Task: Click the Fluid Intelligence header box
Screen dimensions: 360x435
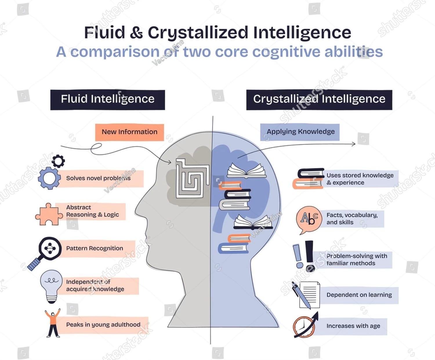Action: coord(108,100)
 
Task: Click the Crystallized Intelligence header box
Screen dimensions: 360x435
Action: coord(319,100)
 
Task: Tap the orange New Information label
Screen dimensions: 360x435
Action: coord(129,132)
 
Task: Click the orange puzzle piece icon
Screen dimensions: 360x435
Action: coord(48,214)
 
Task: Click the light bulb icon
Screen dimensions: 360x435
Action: coord(51,286)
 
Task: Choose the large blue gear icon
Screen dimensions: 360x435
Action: coord(49,178)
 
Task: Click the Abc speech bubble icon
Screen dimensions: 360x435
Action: coord(309,219)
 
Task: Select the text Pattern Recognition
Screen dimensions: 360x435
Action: coord(95,248)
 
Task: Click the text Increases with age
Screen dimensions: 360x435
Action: coord(353,326)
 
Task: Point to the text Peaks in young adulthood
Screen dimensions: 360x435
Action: coord(103,325)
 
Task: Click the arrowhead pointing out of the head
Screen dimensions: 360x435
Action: coord(354,144)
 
